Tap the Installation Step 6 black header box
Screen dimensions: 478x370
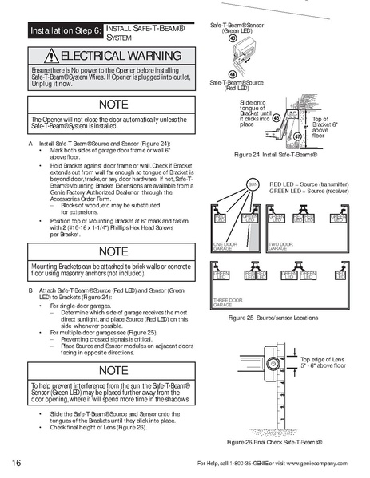point(63,31)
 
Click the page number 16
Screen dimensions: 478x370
point(17,464)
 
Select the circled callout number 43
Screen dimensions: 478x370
point(233,38)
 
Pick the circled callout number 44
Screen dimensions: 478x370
point(233,73)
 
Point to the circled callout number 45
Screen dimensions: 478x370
point(276,117)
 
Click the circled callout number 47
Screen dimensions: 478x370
point(296,136)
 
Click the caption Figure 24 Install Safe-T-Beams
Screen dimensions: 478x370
point(274,153)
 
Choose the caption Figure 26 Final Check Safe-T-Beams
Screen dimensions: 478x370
point(274,441)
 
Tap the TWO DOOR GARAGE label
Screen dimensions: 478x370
point(282,247)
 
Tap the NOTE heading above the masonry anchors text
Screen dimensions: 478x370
point(108,251)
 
